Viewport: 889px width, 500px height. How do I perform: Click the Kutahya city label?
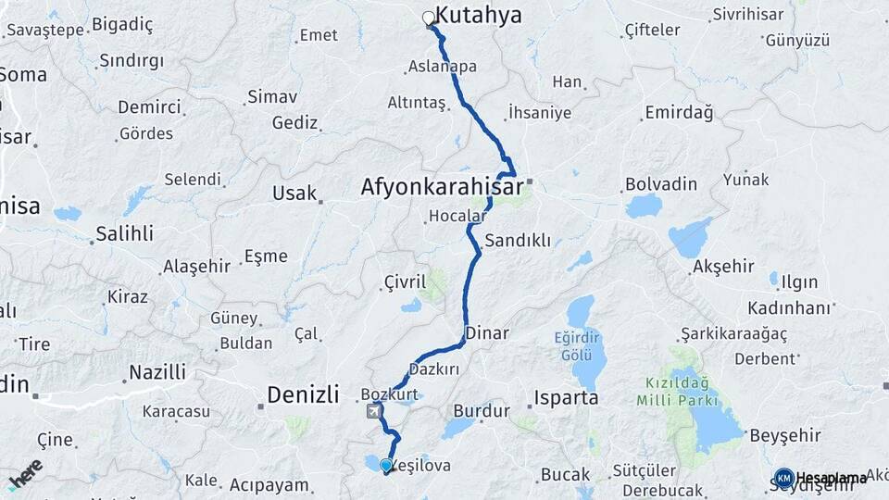(x=479, y=15)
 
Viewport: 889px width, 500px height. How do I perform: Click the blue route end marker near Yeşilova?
(x=386, y=466)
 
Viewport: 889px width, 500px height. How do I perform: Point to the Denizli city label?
(x=303, y=395)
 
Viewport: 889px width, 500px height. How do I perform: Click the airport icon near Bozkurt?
(x=373, y=411)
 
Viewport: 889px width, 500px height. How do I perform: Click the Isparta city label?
(x=566, y=398)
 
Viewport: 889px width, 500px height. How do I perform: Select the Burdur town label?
(x=482, y=410)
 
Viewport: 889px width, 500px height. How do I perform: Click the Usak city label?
(x=294, y=194)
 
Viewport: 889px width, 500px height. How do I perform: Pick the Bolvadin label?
(x=661, y=184)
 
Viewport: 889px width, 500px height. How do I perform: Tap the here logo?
(x=25, y=474)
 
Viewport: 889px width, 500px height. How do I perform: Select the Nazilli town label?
(x=157, y=373)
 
